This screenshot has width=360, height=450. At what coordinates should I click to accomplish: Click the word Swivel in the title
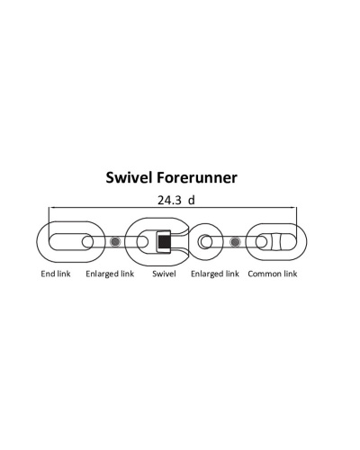coord(130,177)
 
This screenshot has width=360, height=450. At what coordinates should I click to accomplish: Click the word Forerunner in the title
coord(197,177)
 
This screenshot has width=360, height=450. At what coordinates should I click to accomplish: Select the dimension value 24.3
coord(169,200)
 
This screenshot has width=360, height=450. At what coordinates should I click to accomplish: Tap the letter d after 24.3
coord(192,200)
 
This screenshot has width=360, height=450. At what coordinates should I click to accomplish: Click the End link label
coord(56,274)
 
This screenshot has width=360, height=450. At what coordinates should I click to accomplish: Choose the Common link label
coord(273,274)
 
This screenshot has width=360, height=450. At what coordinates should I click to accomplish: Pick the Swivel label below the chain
coord(164,274)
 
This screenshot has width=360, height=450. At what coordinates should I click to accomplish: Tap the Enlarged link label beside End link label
coord(110,274)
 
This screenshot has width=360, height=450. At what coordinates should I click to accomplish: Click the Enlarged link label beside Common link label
coord(215,274)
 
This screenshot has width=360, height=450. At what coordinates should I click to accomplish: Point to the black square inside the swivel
coord(163,241)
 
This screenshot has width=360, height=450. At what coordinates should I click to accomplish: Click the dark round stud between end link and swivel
coord(115,241)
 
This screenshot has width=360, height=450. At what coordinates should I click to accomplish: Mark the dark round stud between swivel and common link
coord(235,241)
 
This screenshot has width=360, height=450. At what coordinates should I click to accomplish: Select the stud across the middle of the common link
coord(276,241)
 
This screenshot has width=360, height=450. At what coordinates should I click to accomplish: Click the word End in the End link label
coord(48,274)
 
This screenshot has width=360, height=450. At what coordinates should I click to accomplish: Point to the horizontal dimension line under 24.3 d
coord(173,207)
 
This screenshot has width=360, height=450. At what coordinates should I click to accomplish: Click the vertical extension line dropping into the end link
coord(49,223)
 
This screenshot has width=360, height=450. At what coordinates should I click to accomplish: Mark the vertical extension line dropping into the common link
coord(296,223)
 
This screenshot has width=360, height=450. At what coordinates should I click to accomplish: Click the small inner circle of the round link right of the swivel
coord(205,242)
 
